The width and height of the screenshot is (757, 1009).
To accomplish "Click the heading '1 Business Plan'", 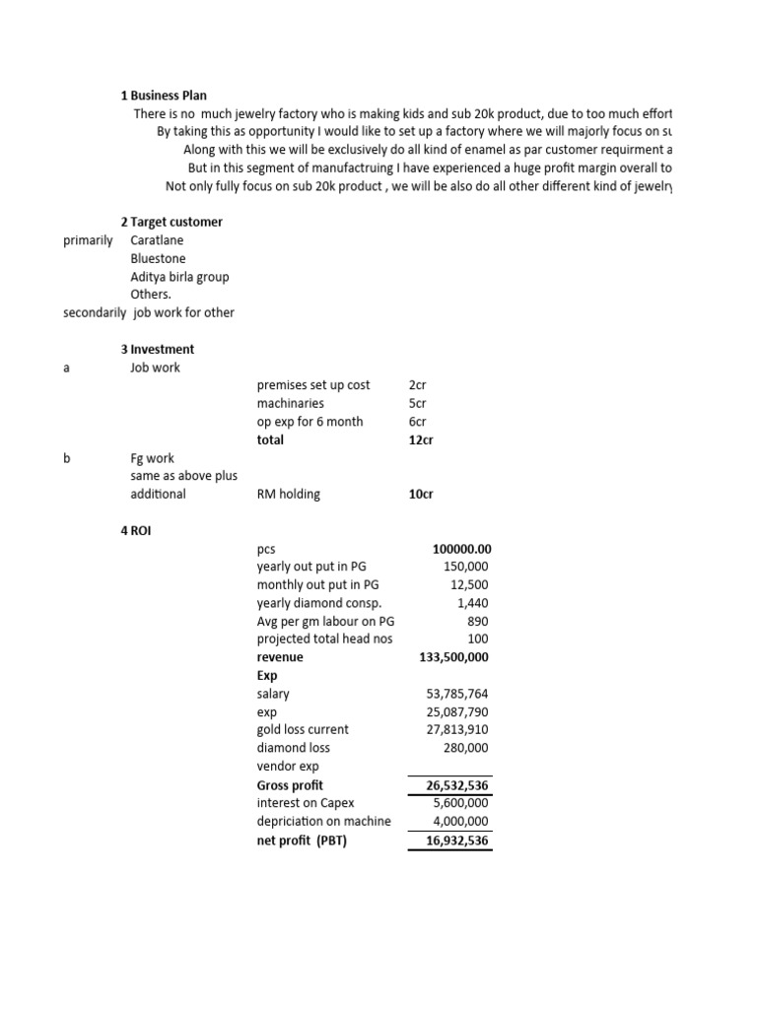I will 164,96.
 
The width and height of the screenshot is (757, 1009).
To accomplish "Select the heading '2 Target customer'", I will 172,222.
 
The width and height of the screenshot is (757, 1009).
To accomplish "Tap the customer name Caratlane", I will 157,240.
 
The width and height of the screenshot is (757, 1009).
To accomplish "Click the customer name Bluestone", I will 157,258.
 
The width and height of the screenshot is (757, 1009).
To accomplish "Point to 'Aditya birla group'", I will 179,277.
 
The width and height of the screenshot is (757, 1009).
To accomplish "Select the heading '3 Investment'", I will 157,349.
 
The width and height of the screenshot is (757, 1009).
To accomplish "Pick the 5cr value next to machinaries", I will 418,403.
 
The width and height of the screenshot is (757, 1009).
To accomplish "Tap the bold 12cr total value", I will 421,439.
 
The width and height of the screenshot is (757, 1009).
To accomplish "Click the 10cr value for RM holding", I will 421,494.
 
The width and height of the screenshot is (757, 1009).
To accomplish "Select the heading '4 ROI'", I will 136,531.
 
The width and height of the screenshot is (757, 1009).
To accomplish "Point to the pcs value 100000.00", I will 461,549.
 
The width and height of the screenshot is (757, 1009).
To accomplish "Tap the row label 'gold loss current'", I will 303,729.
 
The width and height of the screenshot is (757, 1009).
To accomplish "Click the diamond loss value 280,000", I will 465,748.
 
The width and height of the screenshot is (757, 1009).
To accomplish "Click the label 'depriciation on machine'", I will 323,821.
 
